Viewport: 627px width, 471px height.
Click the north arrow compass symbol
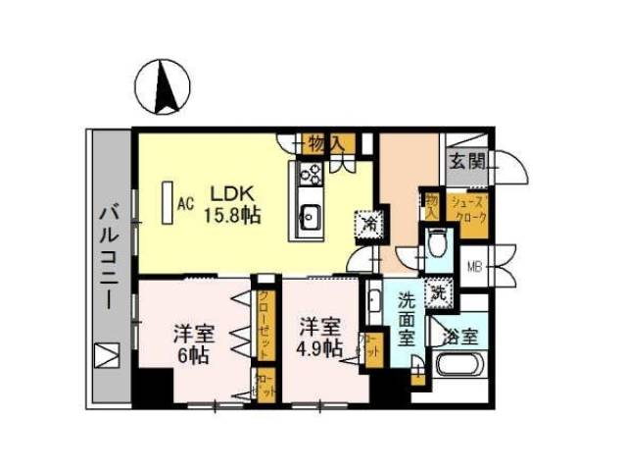click(169, 87)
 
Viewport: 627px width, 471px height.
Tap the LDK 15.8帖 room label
click(233, 204)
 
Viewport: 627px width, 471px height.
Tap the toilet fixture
click(438, 239)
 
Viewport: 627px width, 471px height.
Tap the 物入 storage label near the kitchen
click(323, 144)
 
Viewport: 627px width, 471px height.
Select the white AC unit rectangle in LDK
click(168, 203)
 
